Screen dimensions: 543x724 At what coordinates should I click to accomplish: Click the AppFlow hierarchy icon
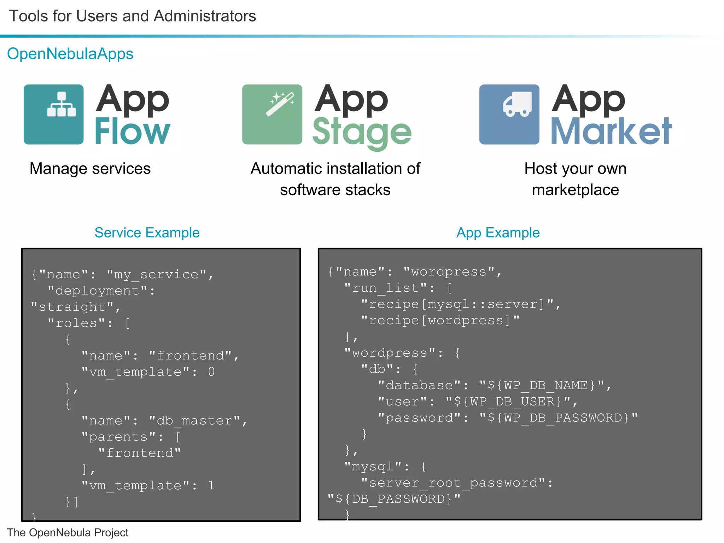click(54, 114)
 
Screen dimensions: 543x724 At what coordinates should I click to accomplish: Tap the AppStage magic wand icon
click(272, 114)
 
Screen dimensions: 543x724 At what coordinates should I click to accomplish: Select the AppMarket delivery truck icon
click(509, 114)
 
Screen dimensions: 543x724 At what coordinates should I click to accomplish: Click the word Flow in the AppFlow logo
click(133, 132)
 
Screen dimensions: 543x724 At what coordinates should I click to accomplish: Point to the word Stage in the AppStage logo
click(362, 133)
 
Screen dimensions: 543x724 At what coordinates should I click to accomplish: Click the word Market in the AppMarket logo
click(611, 132)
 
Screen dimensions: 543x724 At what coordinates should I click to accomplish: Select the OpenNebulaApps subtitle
click(70, 54)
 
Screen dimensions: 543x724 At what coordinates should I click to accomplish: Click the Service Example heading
click(147, 233)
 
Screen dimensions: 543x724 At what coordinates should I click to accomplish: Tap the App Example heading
click(498, 233)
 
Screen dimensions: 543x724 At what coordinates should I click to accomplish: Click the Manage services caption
click(90, 169)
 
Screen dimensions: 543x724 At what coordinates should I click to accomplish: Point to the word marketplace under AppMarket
click(575, 190)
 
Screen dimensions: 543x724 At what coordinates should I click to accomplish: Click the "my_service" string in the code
click(157, 275)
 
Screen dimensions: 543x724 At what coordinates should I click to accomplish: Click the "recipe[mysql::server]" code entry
click(457, 304)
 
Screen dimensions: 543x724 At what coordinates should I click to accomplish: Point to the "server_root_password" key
click(453, 483)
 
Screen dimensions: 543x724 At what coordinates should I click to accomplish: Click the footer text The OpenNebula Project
click(68, 532)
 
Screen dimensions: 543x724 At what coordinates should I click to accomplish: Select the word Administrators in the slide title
click(205, 16)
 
